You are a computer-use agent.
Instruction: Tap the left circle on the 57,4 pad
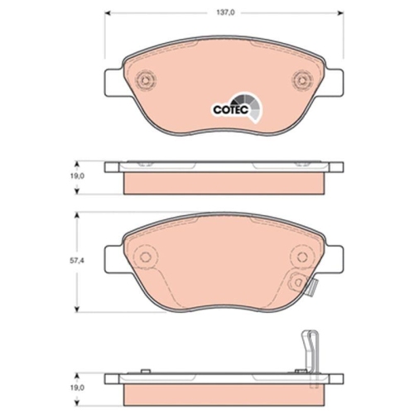pos(147,257)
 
